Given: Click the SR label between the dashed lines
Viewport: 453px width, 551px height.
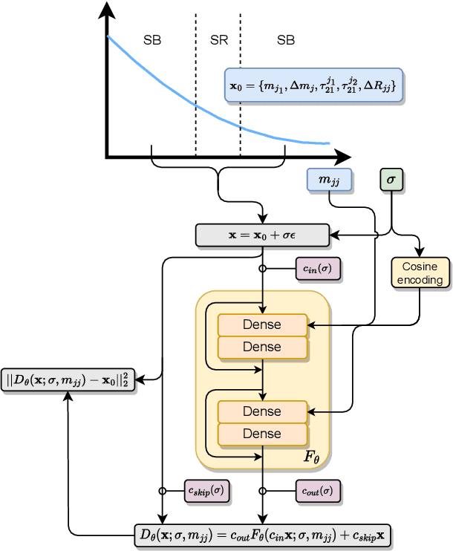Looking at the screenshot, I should coord(219,40).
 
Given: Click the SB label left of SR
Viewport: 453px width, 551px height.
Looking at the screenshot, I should coord(152,40).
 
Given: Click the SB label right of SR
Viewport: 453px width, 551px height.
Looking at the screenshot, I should coord(286,40).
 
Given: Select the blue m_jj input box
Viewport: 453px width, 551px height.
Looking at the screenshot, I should coord(329,179).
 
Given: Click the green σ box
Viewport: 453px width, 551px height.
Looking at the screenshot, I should coord(391,179).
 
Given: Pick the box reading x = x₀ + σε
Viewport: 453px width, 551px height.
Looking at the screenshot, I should coord(261,235).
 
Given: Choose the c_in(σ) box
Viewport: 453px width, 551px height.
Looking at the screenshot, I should coord(318,269).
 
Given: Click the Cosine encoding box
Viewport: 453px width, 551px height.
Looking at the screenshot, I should coord(420,273).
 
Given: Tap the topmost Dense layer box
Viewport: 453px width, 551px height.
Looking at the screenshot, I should coord(261,325).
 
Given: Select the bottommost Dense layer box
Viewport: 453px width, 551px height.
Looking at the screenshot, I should coord(261,433).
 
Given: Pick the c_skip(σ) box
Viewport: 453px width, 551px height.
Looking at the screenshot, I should coord(207,491).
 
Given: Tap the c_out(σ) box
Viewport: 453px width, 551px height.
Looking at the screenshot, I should coord(318,491).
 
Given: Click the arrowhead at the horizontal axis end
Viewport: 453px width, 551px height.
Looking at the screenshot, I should coord(343,157).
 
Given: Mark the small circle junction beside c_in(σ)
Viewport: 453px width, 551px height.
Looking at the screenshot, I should coord(262,269).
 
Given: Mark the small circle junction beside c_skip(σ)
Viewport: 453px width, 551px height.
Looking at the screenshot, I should coord(162,491).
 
